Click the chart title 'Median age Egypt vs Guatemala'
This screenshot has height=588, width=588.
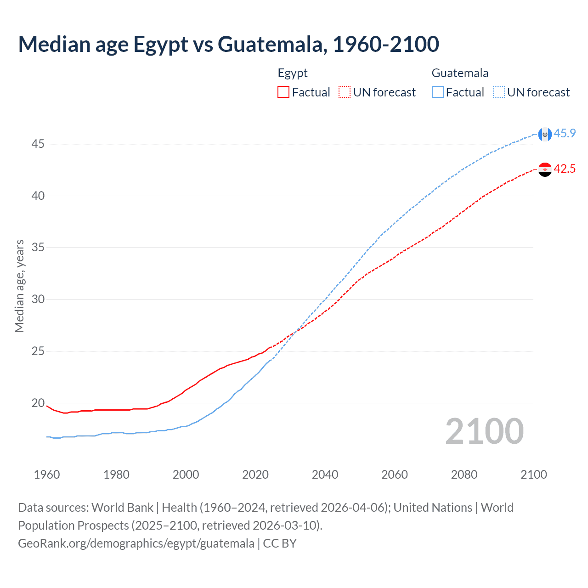tap(228, 44)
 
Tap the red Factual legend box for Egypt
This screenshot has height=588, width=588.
tap(283, 92)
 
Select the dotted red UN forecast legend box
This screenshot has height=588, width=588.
tap(345, 92)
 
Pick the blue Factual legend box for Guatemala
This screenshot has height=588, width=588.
tap(437, 92)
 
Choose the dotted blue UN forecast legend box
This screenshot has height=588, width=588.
tap(498, 92)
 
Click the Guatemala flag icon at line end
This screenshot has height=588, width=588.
tap(545, 134)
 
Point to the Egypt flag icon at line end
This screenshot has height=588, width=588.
tap(545, 170)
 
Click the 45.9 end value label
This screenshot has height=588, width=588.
tap(565, 133)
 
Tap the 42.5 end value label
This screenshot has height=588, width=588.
tap(565, 169)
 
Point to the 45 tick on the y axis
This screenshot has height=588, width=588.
tap(38, 144)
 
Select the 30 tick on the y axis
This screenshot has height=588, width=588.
tap(38, 299)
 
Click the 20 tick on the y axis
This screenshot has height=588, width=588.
tap(38, 403)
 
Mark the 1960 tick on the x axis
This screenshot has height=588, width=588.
tap(47, 475)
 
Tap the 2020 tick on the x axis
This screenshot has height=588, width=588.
tap(255, 475)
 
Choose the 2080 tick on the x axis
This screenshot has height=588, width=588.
tap(464, 475)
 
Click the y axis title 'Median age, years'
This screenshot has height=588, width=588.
tap(19, 286)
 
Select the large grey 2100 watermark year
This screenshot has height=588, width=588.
tap(484, 431)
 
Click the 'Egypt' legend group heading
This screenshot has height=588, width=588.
tap(293, 73)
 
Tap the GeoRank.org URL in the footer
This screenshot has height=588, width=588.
tap(136, 543)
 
